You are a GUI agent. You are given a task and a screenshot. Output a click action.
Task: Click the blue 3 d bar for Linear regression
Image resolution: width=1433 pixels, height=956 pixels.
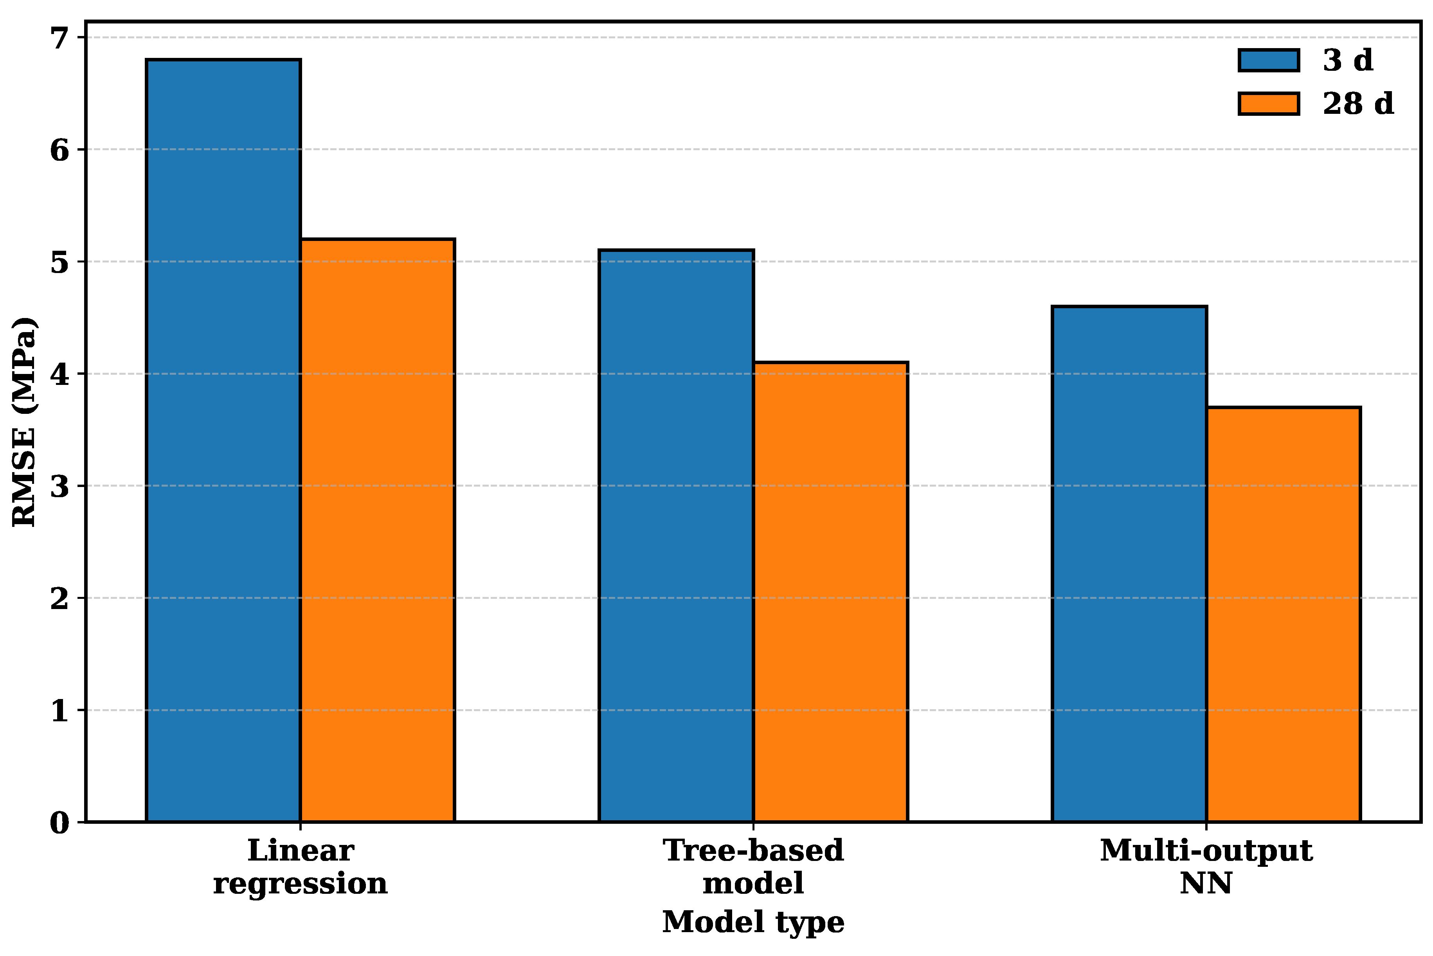coord(223,441)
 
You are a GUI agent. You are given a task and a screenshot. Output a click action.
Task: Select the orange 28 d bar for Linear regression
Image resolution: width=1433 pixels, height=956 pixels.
coord(378,530)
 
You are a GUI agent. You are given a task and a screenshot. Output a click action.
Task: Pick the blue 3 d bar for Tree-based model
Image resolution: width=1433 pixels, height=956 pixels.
coord(676,536)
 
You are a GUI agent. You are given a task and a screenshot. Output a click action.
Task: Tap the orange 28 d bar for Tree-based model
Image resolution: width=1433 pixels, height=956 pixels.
coord(830,592)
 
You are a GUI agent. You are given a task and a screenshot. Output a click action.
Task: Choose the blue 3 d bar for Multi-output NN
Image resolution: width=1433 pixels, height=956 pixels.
coord(1129,564)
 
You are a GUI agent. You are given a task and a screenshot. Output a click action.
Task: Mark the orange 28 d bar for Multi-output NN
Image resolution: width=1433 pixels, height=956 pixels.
coord(1284,615)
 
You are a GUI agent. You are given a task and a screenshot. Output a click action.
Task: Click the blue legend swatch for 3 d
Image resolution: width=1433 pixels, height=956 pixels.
coord(1269,60)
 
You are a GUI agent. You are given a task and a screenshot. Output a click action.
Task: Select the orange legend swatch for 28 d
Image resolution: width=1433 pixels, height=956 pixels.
coord(1269,104)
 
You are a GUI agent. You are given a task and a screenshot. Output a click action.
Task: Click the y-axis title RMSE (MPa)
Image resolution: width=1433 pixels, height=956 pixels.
coord(24,422)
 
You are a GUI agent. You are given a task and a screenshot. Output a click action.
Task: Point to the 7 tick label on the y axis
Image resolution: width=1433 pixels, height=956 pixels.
coord(60,38)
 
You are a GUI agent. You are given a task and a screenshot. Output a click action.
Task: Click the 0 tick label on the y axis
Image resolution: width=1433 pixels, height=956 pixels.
coord(60,823)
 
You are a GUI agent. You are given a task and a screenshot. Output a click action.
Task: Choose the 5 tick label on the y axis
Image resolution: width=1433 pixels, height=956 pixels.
coord(60,262)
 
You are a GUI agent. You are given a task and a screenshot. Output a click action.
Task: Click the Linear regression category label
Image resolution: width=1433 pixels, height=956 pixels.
coord(301,867)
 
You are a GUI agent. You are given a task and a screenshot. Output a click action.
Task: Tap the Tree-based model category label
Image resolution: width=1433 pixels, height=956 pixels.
coord(754,866)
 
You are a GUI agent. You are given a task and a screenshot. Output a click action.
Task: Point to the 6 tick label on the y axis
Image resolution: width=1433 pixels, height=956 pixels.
coord(60,150)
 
